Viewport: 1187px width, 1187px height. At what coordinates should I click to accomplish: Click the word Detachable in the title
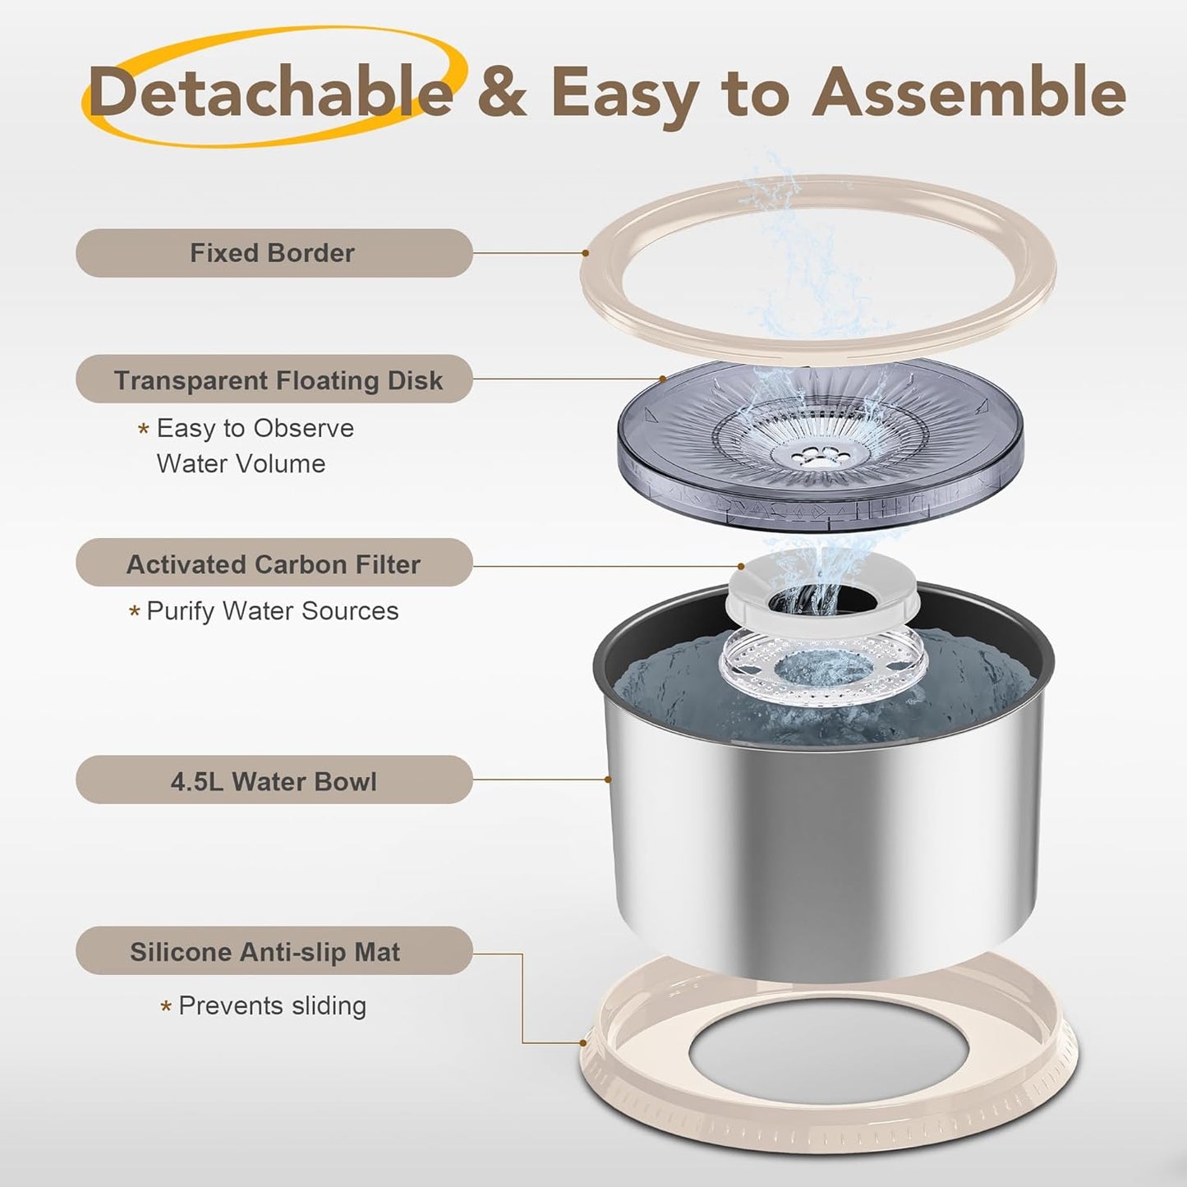(x=272, y=92)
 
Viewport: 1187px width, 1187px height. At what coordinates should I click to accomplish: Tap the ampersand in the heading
(x=502, y=93)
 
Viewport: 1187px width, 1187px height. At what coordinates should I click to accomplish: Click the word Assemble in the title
(x=969, y=92)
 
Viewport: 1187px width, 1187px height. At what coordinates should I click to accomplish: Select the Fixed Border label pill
(x=274, y=253)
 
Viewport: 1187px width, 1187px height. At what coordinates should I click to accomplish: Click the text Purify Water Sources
(x=272, y=611)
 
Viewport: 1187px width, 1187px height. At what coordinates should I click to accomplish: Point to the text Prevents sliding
(x=272, y=1006)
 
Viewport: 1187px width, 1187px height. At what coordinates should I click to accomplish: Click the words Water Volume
(x=241, y=463)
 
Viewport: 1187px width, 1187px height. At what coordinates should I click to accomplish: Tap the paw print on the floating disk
(x=807, y=457)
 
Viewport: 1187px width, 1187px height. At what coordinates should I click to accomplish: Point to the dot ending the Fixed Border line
(x=585, y=253)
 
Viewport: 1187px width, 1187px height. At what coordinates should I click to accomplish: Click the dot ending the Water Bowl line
(x=608, y=780)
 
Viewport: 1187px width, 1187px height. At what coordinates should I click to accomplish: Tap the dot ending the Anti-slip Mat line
(x=582, y=1043)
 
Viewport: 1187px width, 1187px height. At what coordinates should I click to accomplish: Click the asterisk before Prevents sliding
(x=166, y=1007)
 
